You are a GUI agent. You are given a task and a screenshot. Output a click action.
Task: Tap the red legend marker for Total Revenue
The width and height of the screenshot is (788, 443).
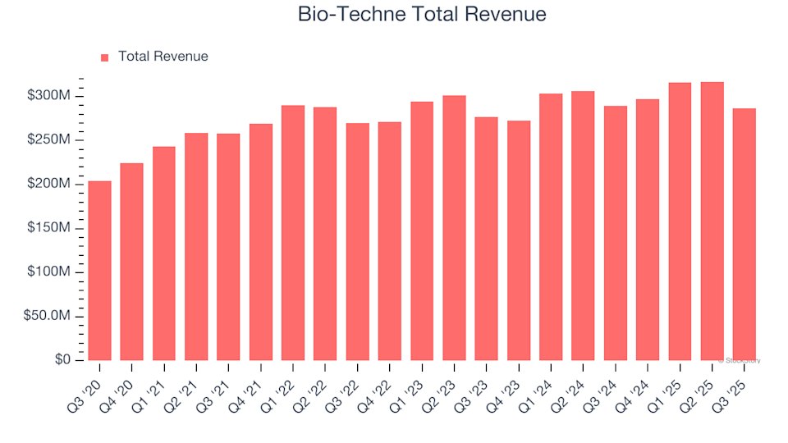[104, 57]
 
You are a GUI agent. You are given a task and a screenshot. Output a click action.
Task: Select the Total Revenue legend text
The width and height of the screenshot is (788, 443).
[163, 57]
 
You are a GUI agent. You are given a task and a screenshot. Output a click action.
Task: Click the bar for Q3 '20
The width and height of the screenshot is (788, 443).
[99, 271]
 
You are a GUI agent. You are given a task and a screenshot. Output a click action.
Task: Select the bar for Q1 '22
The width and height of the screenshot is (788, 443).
[293, 233]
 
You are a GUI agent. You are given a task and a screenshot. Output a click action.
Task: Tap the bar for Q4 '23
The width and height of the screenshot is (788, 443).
[519, 240]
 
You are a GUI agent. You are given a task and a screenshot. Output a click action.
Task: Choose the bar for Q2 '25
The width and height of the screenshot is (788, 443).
[712, 221]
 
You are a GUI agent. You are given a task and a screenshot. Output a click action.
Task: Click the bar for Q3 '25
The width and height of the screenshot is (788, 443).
[744, 235]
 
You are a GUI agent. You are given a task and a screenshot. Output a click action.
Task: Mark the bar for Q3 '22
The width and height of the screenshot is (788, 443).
[358, 242]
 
